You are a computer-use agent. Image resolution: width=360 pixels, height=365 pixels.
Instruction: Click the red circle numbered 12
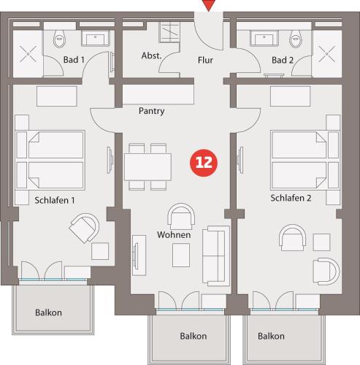(x=204, y=163)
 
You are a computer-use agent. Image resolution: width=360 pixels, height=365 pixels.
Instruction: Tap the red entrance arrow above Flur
(x=209, y=5)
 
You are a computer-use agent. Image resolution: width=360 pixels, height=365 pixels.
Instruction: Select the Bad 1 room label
(x=74, y=60)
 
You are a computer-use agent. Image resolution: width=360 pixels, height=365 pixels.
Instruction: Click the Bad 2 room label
(x=283, y=60)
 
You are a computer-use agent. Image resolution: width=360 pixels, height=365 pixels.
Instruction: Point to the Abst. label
(x=151, y=55)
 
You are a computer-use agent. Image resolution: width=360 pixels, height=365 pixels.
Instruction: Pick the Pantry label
(x=151, y=111)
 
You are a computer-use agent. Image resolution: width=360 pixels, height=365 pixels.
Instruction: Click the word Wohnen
(x=174, y=235)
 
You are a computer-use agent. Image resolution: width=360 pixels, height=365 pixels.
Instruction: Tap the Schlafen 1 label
(x=55, y=200)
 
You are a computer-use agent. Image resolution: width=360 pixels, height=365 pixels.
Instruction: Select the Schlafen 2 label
(x=291, y=198)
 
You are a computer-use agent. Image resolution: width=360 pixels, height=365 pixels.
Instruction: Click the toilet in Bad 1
(x=59, y=38)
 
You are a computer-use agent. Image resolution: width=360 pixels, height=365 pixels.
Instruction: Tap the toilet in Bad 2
(x=296, y=39)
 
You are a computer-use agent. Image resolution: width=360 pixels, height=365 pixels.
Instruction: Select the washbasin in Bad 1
(x=96, y=38)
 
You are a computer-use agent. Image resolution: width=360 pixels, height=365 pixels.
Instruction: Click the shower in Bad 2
(x=327, y=54)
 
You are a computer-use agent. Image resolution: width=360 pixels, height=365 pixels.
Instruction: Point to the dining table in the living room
(x=148, y=167)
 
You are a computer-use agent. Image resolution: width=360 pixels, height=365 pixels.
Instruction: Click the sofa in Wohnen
(x=216, y=255)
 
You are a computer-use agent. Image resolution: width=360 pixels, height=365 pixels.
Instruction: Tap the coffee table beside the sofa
(x=181, y=255)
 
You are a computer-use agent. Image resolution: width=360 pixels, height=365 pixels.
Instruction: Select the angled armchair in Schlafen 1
(x=84, y=228)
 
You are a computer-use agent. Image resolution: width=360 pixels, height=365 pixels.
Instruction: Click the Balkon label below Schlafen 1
(x=48, y=312)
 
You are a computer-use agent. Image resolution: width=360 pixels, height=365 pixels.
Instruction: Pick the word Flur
(x=205, y=60)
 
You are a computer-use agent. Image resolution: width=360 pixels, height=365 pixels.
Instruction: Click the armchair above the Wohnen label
(x=181, y=217)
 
